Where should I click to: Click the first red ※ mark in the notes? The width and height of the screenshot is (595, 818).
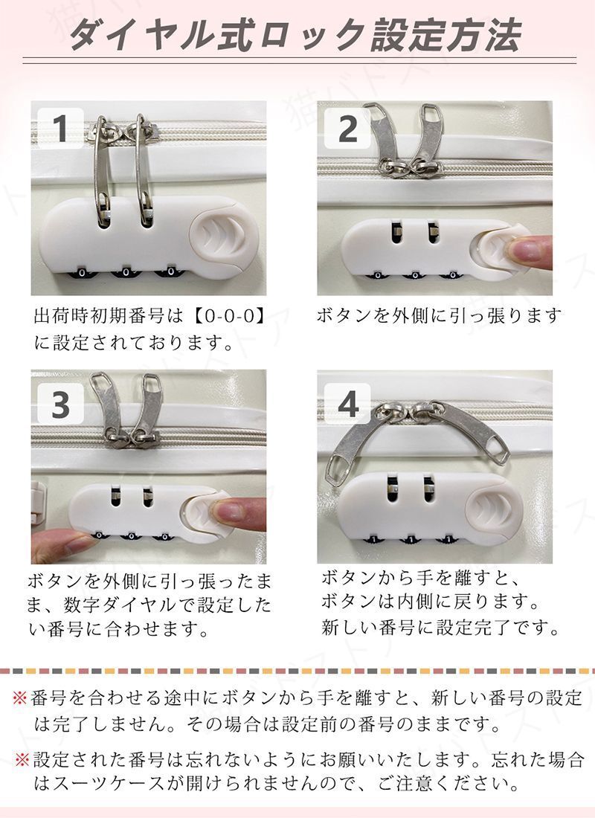22,698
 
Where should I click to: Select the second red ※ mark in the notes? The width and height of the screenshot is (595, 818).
22,761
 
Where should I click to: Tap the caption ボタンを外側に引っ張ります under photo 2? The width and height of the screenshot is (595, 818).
438,315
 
